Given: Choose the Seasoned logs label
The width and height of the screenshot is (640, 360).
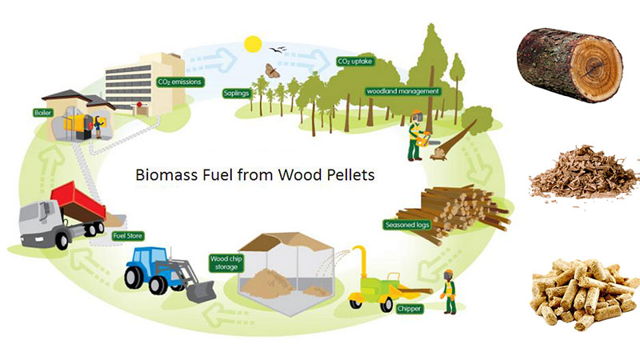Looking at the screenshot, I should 407,224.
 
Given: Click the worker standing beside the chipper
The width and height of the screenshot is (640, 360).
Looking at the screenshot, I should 449,293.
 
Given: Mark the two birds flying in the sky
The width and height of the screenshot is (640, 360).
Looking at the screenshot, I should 280,51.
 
